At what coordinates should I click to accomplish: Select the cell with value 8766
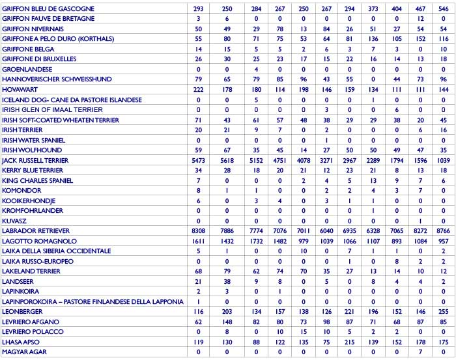pyautogui.click(x=443, y=230)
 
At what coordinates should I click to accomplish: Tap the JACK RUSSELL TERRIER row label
pyautogui.click(x=35, y=160)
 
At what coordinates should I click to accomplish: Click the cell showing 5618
pyautogui.click(x=227, y=160)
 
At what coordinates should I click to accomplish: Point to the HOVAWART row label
pyautogui.click(x=20, y=89)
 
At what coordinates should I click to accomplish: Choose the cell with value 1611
pyautogui.click(x=199, y=241)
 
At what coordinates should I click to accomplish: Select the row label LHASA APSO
pyautogui.click(x=20, y=342)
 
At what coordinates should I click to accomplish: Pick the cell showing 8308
pyautogui.click(x=199, y=230)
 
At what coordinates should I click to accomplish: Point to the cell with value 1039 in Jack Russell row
pyautogui.click(x=443, y=160)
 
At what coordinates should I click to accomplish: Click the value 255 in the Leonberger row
pyautogui.click(x=443, y=311)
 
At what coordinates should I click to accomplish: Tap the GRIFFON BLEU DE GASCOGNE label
pyautogui.click(x=48, y=8)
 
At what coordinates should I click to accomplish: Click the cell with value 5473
pyautogui.click(x=199, y=160)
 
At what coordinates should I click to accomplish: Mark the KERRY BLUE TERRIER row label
pyautogui.click(x=33, y=170)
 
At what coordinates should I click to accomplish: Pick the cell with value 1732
pyautogui.click(x=255, y=241)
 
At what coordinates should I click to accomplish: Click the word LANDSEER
pyautogui.click(x=19, y=281)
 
